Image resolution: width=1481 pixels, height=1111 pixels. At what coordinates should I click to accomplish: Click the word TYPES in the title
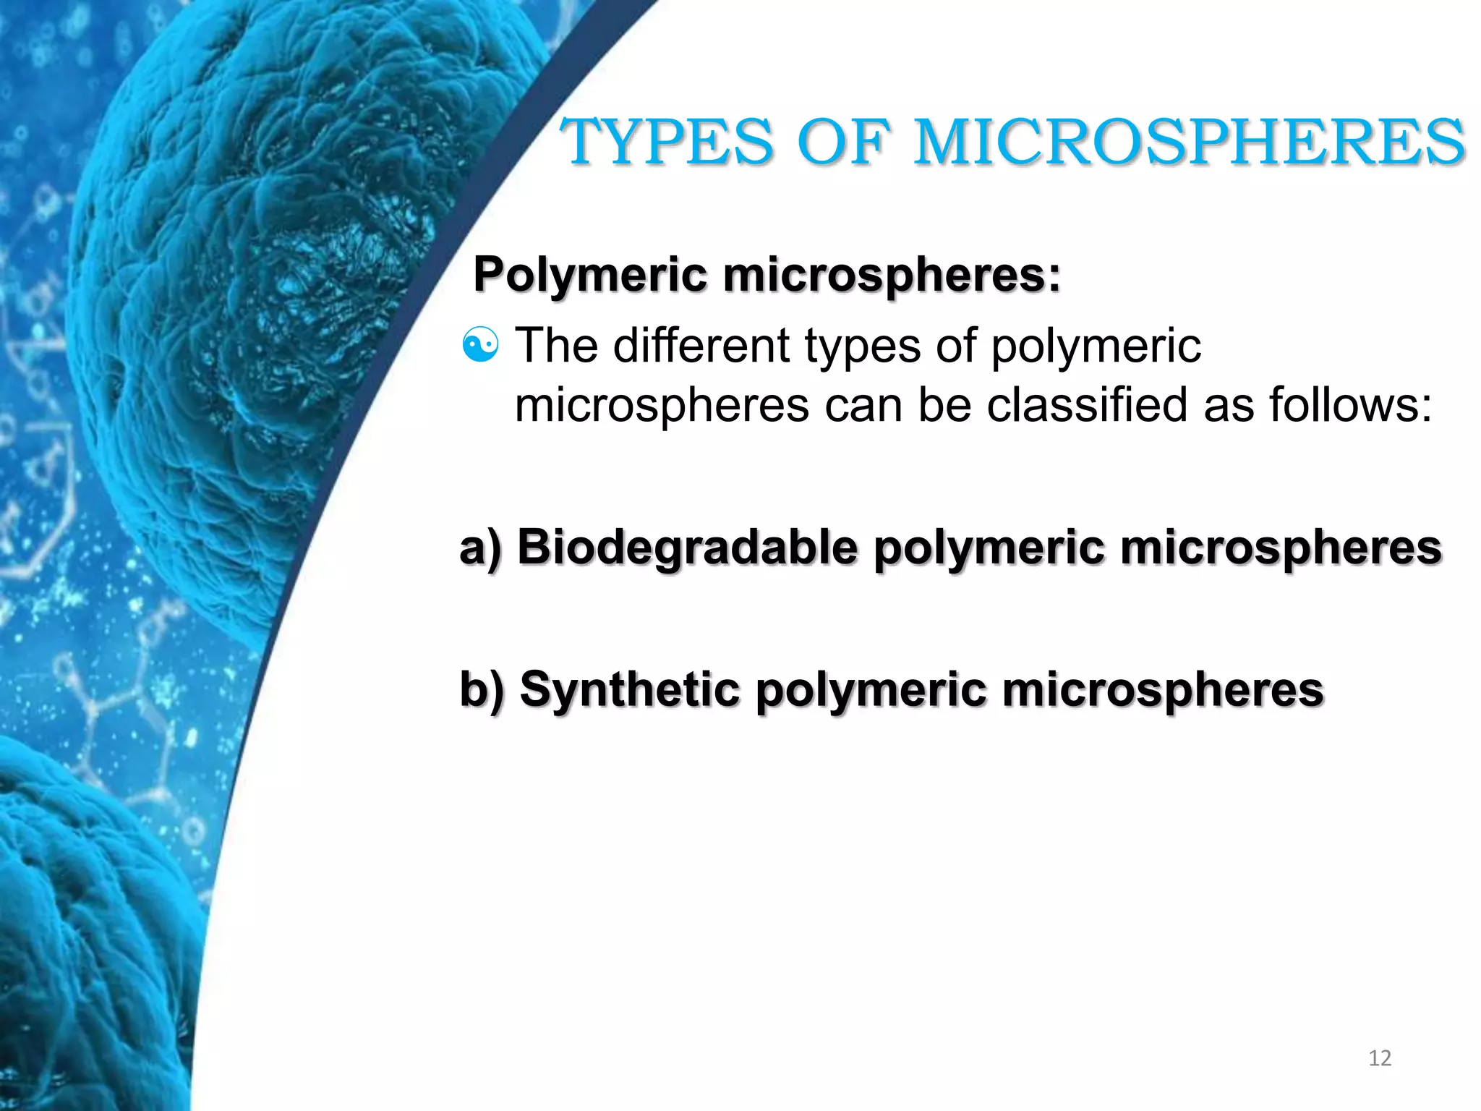[x=667, y=142]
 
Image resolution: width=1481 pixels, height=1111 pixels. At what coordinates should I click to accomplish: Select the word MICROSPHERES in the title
[x=1190, y=142]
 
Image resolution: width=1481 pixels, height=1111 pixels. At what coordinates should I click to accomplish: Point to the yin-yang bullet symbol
[x=480, y=345]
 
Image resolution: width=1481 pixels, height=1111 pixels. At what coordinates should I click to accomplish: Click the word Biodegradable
[x=687, y=548]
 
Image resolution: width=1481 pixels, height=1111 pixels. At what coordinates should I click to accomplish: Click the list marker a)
[x=480, y=548]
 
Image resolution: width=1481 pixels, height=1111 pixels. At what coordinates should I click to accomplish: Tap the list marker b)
[x=481, y=689]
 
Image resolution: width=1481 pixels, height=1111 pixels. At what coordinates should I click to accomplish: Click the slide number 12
[x=1380, y=1058]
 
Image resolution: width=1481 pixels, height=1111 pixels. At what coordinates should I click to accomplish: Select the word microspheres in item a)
[x=1281, y=548]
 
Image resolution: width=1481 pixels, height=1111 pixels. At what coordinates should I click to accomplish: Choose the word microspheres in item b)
[x=1163, y=689]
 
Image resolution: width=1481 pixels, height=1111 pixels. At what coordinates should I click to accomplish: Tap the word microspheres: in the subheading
[x=892, y=276]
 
